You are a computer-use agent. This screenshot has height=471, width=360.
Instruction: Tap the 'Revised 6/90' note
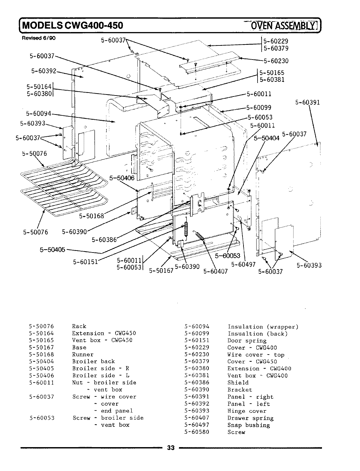[x=39, y=38]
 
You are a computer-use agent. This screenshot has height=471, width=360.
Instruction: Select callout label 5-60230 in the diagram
[x=276, y=61]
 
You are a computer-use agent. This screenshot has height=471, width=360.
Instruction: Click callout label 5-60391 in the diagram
[x=307, y=102]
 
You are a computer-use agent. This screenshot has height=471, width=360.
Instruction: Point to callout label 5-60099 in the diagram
[x=259, y=108]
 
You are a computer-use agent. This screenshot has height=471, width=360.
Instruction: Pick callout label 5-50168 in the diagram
[x=91, y=216]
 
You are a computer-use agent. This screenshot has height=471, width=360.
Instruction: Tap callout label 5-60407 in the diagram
[x=215, y=271]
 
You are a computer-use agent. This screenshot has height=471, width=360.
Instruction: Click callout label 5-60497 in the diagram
[x=243, y=264]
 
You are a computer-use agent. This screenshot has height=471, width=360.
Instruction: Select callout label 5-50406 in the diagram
[x=122, y=178]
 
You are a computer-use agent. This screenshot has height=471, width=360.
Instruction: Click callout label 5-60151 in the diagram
[x=85, y=262]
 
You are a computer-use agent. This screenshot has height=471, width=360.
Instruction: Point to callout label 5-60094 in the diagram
[x=38, y=113]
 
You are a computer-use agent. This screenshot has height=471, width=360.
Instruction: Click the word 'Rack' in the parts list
[x=79, y=326]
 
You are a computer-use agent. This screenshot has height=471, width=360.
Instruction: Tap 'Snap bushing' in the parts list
[x=248, y=425]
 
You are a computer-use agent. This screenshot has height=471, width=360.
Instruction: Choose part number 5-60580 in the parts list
[x=197, y=432]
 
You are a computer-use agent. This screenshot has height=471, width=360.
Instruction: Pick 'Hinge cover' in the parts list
[x=247, y=411]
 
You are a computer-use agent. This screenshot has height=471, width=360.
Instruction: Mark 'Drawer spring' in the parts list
[x=250, y=418]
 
